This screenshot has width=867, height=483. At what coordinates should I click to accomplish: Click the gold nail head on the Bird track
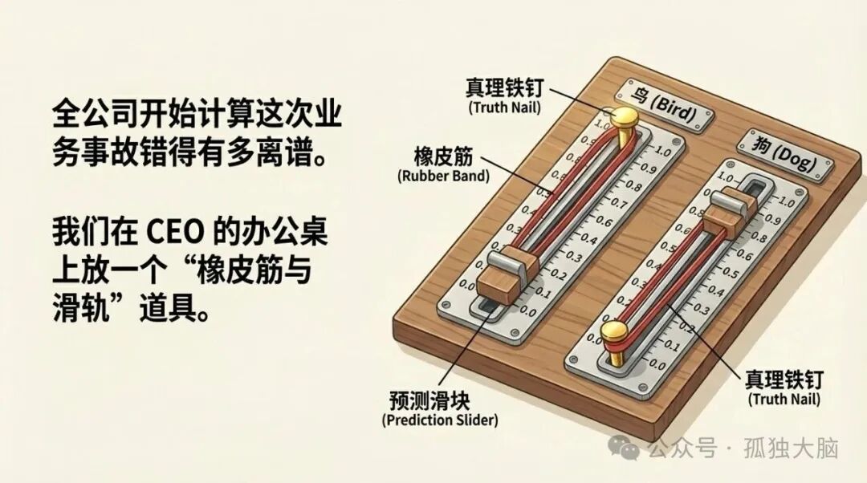[x=625, y=120]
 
